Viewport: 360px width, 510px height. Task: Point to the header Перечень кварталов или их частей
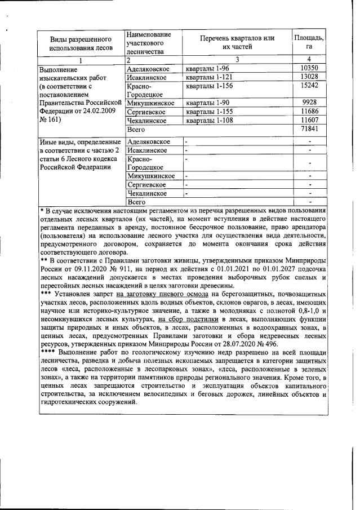coord(237,42)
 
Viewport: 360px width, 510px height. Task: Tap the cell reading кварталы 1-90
coord(206,103)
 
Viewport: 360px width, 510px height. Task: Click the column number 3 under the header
coord(237,59)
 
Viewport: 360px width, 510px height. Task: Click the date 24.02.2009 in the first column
coord(97,112)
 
